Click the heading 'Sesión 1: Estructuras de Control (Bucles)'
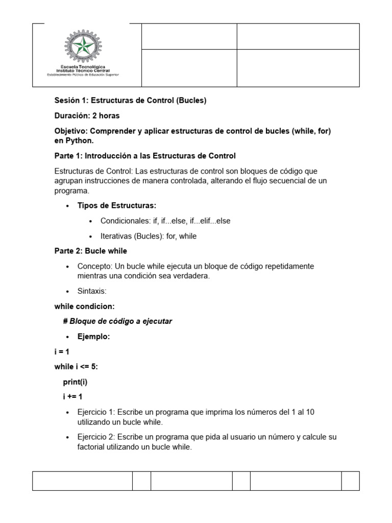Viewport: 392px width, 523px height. tap(130, 101)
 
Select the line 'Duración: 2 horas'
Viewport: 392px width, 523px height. tap(87, 115)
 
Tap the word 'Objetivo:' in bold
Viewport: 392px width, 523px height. tap(71, 131)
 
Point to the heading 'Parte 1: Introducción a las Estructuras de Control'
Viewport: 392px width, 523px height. tap(145, 155)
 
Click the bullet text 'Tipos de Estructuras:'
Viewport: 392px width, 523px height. tap(116, 205)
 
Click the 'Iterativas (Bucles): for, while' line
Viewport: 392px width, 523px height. tap(148, 236)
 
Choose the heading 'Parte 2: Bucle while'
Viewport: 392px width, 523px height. tap(91, 251)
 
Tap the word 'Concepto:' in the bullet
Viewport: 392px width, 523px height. tap(95, 266)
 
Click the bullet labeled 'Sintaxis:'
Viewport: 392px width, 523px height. tap(92, 291)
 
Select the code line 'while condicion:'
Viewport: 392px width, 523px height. tap(85, 306)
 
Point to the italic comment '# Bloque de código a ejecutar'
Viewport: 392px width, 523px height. tap(117, 321)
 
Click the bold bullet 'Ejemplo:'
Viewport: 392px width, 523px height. tap(93, 337)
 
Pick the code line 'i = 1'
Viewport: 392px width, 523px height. tap(62, 352)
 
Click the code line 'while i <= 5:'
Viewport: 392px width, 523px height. tap(76, 367)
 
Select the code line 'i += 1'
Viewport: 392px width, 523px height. tap(72, 397)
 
